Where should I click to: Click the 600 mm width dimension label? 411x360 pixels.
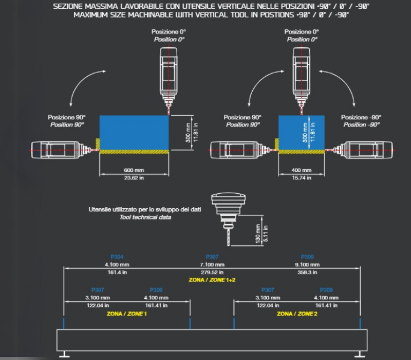(134, 170)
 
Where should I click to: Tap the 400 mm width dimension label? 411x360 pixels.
(301, 170)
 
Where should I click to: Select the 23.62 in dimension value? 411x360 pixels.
(134, 177)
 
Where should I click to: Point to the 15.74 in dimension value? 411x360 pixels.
(301, 177)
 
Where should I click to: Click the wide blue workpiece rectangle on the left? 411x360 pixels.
(134, 132)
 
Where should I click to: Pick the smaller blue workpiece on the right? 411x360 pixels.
(301, 132)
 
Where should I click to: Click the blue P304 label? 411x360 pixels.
(117, 257)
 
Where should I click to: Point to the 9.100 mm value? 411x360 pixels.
(307, 264)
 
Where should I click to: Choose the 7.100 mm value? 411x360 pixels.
(212, 264)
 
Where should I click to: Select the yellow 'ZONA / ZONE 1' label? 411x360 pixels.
(127, 313)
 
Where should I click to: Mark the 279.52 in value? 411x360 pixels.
(212, 272)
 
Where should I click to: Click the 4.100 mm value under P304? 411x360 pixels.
(117, 264)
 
